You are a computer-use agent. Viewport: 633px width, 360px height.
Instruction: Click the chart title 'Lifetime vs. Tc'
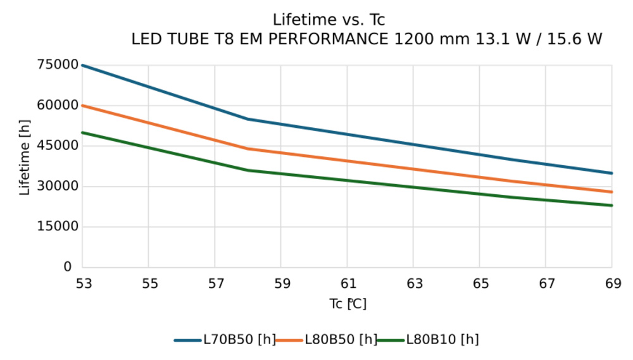329,20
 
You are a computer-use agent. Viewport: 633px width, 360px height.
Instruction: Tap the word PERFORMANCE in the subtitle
329,39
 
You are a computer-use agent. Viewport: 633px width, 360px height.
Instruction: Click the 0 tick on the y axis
67,267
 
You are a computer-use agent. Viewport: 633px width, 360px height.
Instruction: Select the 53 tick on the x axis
83,284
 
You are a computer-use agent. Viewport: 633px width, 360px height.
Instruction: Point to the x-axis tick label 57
216,284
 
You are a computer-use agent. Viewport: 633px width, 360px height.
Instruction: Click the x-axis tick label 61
348,284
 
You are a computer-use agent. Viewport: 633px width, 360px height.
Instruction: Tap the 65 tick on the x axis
480,284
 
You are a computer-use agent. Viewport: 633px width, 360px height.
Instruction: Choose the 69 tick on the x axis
611,284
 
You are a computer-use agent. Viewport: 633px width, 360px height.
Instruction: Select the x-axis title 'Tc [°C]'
348,304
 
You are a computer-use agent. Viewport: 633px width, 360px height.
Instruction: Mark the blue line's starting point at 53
83,65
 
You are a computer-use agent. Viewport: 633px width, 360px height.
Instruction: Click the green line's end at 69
611,205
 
